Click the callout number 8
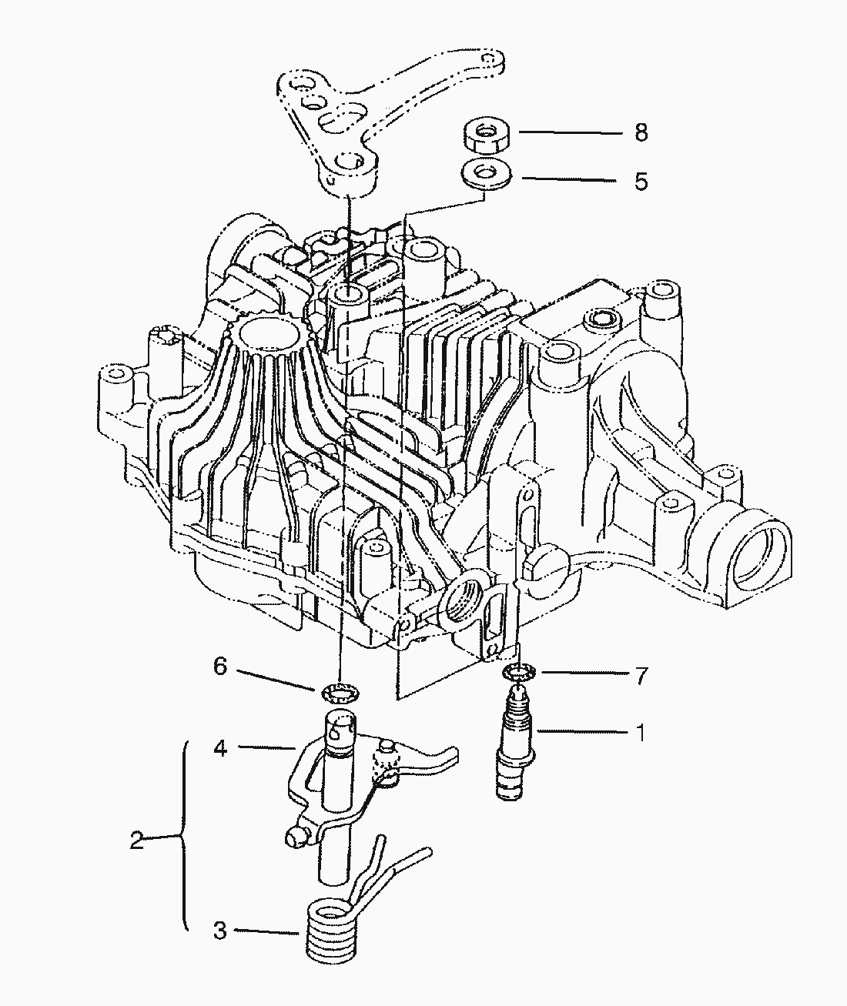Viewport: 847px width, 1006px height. coord(641,132)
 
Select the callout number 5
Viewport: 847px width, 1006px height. coord(641,181)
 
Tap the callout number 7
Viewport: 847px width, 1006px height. coord(641,677)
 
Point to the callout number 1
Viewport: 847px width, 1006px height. coord(641,733)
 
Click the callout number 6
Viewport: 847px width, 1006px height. coord(219,667)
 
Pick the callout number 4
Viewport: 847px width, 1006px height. coord(220,748)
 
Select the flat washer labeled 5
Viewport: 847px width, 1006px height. coord(486,173)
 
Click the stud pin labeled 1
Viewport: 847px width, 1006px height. coord(515,743)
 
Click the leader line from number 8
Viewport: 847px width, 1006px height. coord(571,132)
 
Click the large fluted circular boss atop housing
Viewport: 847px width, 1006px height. coord(270,333)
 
